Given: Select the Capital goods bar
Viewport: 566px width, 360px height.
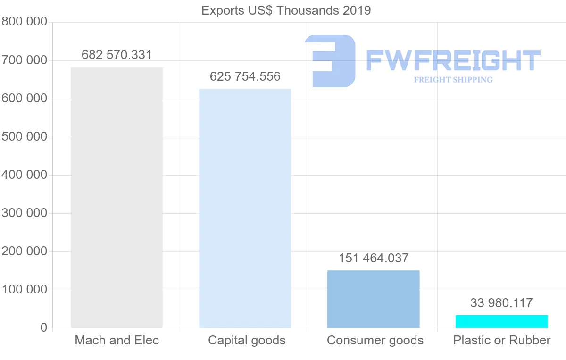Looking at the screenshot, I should tap(245, 208).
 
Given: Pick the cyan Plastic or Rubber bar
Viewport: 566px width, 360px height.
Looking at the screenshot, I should tap(501, 321).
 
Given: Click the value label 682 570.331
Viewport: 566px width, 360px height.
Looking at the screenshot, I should tap(117, 55).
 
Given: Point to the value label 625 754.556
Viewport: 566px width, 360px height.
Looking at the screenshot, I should tap(245, 76).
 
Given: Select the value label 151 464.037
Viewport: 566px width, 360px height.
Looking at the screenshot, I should tap(373, 258).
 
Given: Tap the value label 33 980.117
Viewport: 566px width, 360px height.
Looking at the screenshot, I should tap(501, 303).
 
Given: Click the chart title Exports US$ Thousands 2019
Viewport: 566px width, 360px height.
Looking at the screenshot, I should tap(286, 10).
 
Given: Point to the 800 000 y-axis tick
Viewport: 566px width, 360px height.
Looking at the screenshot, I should tap(24, 22).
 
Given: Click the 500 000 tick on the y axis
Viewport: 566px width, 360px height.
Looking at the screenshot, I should tap(24, 137).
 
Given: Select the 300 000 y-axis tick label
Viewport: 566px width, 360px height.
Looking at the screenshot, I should tap(24, 213).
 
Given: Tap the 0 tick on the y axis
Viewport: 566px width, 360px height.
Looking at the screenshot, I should tap(43, 327).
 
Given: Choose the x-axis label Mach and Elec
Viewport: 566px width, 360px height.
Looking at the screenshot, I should tap(117, 340).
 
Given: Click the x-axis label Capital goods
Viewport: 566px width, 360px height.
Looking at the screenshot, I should tap(247, 340).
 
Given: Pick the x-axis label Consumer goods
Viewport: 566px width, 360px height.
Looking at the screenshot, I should tap(375, 340).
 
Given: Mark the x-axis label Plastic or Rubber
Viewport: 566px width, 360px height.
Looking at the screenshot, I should tap(502, 340).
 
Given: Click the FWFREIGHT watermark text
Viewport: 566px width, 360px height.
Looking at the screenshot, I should tap(453, 60).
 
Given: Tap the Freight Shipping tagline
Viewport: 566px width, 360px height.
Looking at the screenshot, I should tap(453, 80).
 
